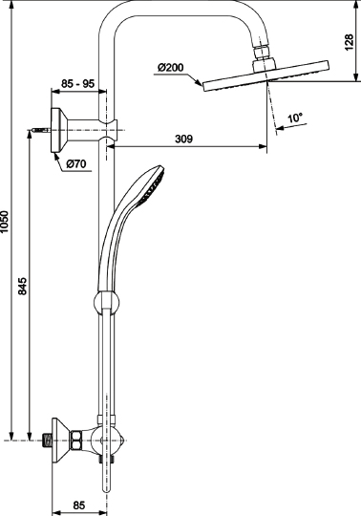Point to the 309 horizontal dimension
(186, 139)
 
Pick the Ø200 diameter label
(171, 67)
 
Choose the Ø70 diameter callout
(78, 163)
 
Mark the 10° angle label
(296, 118)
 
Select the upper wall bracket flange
(59, 124)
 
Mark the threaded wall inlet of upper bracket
(38, 124)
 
